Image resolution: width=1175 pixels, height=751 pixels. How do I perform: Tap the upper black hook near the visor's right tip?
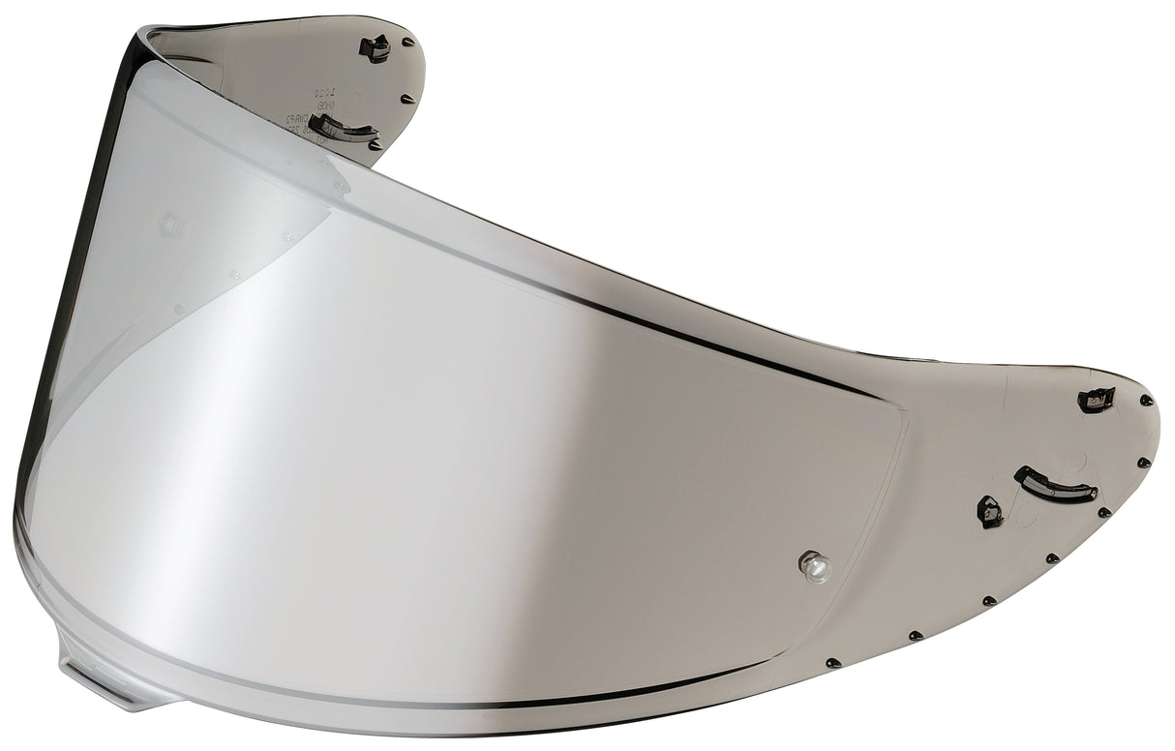(1097, 399)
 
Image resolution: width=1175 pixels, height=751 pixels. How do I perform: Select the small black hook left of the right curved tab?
(990, 511)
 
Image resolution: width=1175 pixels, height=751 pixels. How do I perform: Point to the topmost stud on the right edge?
(1147, 400)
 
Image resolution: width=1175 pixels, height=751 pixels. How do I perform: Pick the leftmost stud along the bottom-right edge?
(831, 663)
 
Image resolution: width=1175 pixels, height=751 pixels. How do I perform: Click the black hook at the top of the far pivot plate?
(375, 47)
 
